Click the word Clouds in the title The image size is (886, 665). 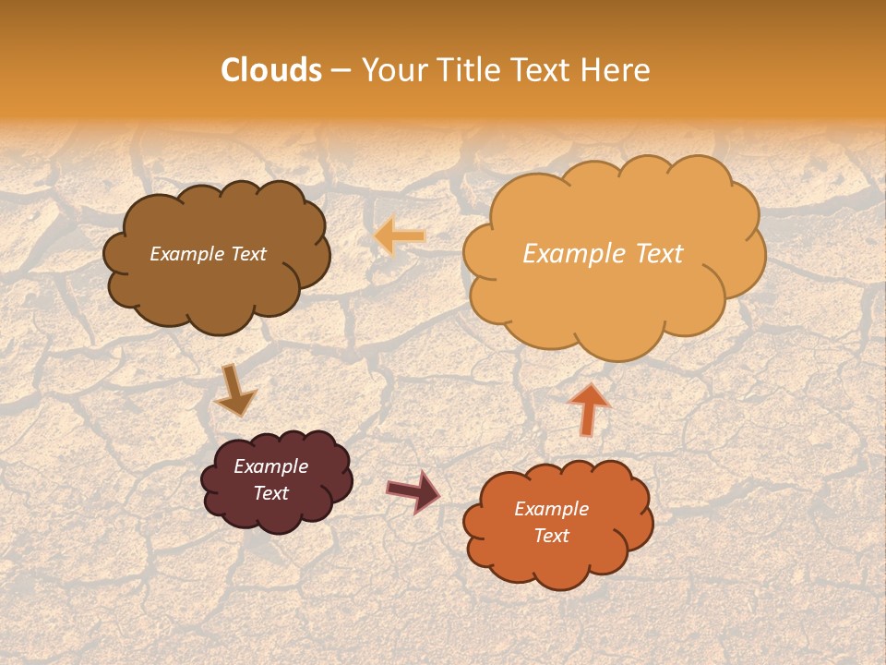(271, 70)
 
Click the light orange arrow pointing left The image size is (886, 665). (401, 237)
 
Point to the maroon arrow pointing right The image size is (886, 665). (413, 490)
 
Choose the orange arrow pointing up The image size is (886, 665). (589, 408)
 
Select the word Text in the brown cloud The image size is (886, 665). (248, 254)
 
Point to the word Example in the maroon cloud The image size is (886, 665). (270, 466)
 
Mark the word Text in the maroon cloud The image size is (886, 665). (270, 493)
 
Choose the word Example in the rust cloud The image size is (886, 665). (551, 509)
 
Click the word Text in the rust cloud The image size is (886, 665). (551, 536)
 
